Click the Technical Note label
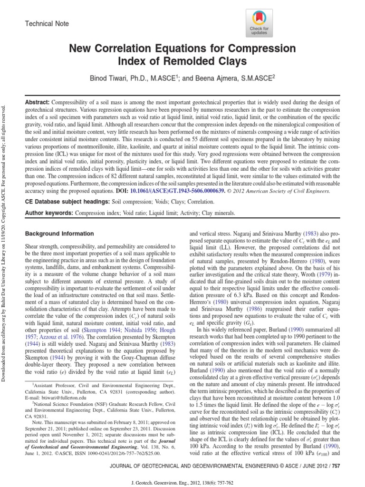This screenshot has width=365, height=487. coord(46,24)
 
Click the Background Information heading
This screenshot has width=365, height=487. coord(59,234)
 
